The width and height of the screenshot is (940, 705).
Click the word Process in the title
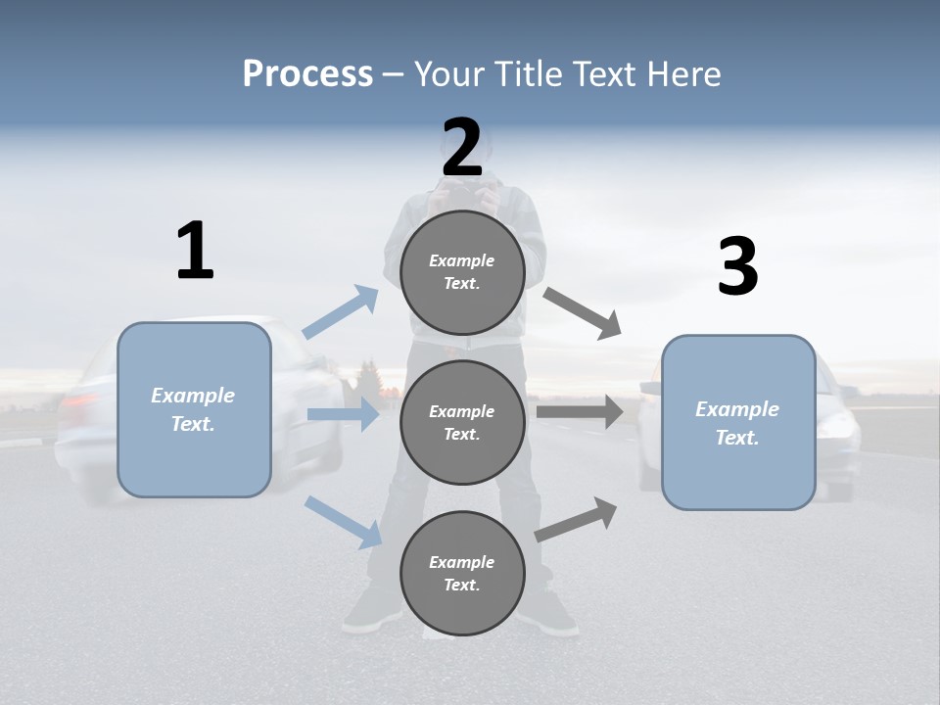[x=307, y=73]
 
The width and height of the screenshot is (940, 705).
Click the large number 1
[x=195, y=251]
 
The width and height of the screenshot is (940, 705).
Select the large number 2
[x=462, y=148]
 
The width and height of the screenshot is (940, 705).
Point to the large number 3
[x=737, y=267]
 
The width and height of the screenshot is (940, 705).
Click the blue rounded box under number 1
[x=194, y=409]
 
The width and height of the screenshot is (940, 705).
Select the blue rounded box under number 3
[x=738, y=422]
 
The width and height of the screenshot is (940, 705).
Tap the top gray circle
[x=462, y=272]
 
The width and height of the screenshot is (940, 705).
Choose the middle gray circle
[x=462, y=422]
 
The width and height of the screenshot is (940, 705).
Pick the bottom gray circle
[x=462, y=573]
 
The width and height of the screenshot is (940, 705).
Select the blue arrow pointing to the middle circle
[x=343, y=414]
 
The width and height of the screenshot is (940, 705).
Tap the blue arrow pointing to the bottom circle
[x=344, y=521]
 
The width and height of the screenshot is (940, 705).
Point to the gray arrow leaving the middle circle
[x=580, y=412]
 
